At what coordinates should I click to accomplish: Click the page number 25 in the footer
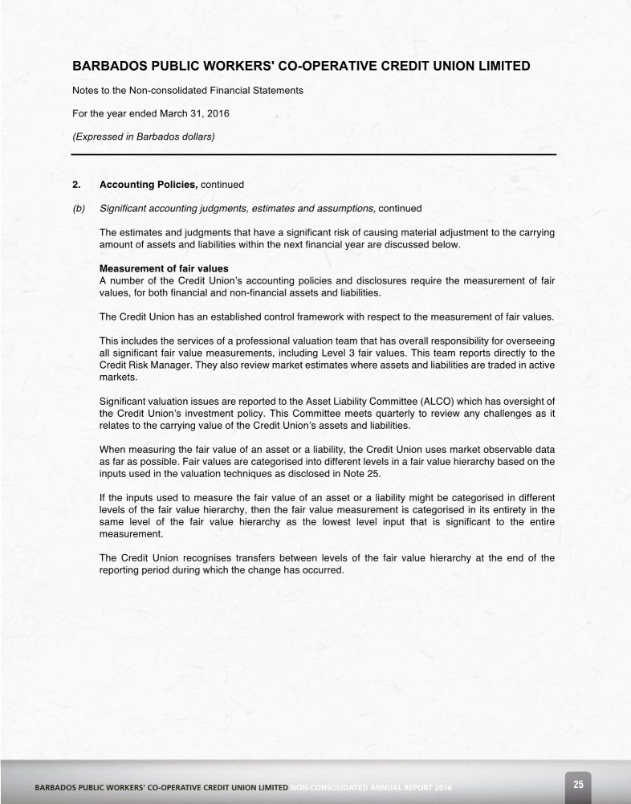(x=578, y=783)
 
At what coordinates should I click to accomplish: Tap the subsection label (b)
(x=79, y=208)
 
